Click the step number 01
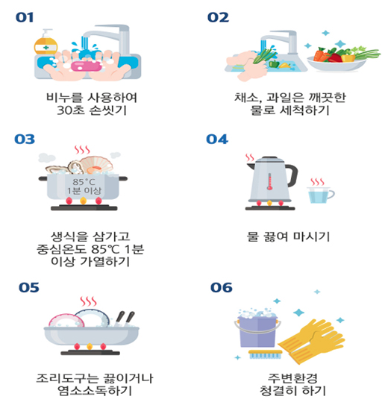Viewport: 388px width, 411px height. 25,18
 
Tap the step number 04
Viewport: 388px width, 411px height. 217,139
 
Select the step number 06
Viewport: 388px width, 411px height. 222,287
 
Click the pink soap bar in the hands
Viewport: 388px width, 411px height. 87,66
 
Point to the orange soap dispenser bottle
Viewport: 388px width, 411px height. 46,43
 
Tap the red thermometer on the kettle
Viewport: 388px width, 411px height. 269,181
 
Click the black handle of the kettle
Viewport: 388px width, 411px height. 292,175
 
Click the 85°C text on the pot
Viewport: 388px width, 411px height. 84,182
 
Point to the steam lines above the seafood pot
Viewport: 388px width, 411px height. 82,150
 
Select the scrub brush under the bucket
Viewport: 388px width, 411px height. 266,354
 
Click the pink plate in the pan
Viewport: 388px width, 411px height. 66,320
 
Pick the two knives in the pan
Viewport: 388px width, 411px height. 125,319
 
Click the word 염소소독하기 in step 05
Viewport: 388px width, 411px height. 95,391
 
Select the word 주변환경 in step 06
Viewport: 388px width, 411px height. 292,378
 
